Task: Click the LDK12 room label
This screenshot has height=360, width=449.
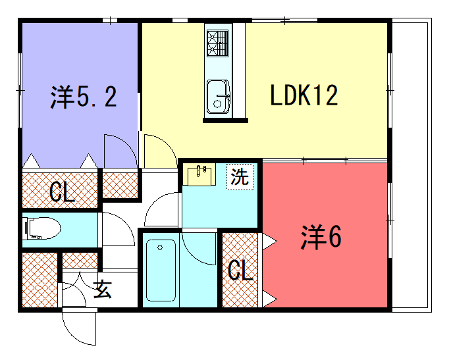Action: [304, 95]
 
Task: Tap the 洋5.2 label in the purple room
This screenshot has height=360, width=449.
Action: [84, 97]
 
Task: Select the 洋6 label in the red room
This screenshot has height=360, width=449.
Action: [321, 237]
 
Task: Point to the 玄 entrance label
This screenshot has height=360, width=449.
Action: [103, 289]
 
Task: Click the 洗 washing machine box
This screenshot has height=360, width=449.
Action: [240, 176]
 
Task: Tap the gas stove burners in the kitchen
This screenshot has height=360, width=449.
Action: [218, 43]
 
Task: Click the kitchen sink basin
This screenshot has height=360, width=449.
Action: [218, 97]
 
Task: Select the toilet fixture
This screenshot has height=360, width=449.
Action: [43, 228]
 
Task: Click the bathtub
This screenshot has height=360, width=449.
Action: [161, 270]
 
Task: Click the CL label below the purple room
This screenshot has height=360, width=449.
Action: [62, 192]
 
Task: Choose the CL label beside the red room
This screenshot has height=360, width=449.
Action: [240, 270]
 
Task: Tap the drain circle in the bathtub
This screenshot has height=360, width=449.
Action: [160, 247]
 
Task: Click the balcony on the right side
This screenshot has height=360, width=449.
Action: [411, 165]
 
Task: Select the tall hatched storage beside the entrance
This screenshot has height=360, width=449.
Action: [40, 280]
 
